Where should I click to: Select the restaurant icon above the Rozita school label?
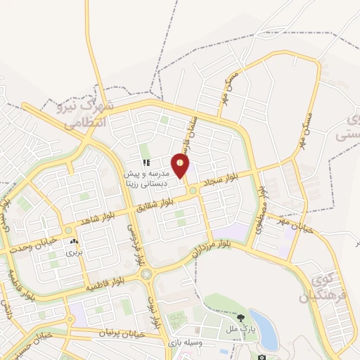(x=146, y=163)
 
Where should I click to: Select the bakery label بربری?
(x=75, y=251)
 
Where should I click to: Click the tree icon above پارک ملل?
(x=241, y=317)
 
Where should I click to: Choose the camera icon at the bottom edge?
(x=262, y=357)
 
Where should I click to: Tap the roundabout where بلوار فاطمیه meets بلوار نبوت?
(x=146, y=274)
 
